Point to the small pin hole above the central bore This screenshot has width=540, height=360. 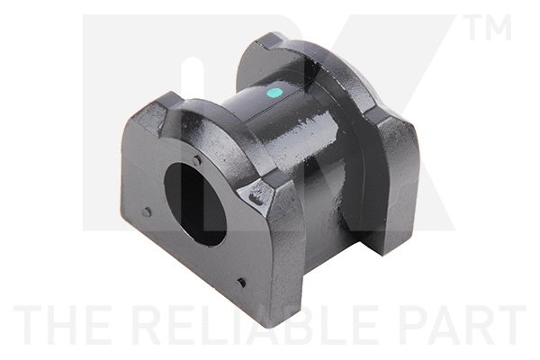click(198, 160)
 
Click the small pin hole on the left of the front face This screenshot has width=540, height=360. click(147, 212)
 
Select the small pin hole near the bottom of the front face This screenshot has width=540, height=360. click(241, 283)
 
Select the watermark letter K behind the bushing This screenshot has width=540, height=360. click(423, 135)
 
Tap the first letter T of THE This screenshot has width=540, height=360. click(27, 325)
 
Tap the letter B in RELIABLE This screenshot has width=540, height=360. click(271, 325)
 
